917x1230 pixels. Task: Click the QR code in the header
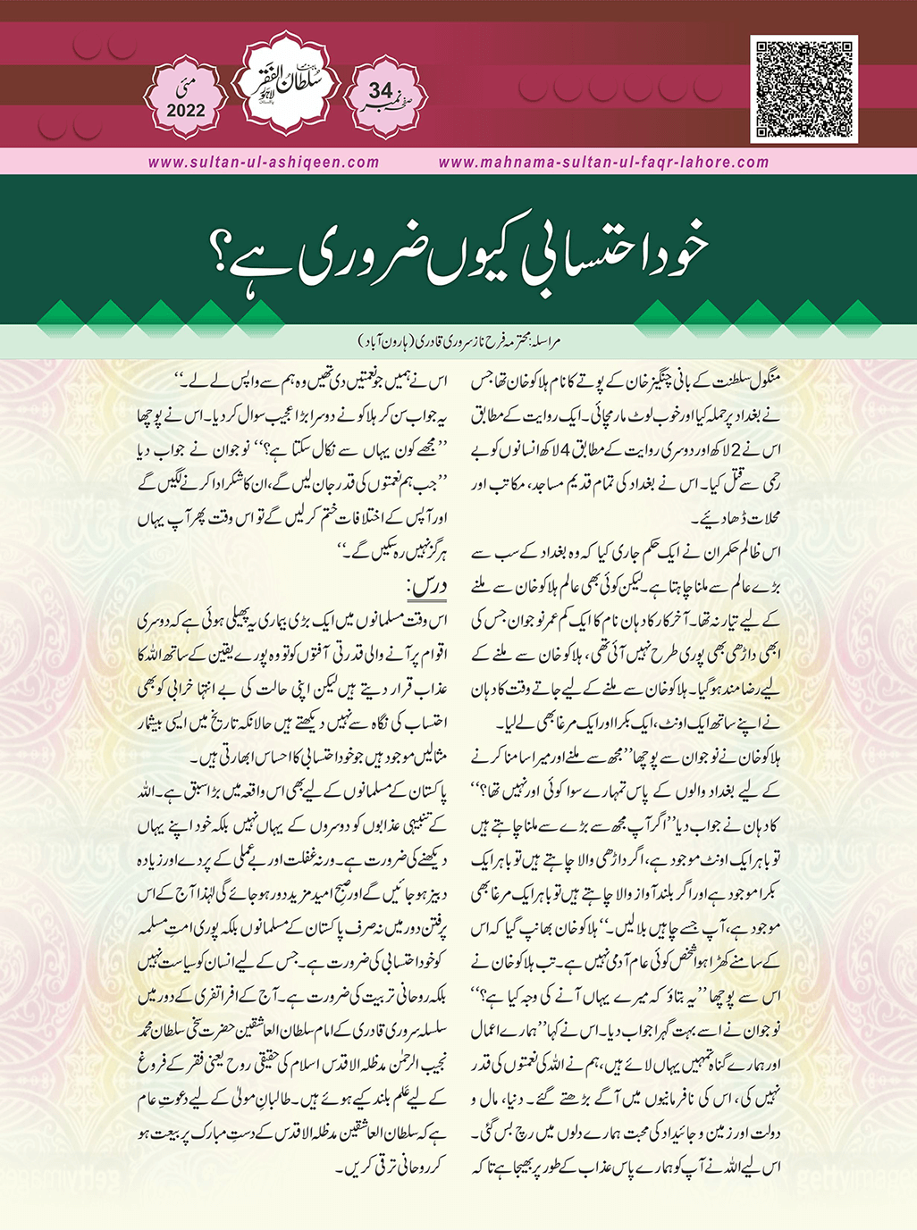803,89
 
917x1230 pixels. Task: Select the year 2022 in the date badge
185,112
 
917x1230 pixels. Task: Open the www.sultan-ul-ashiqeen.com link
264,163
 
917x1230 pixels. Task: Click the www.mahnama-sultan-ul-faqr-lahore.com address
604,163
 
